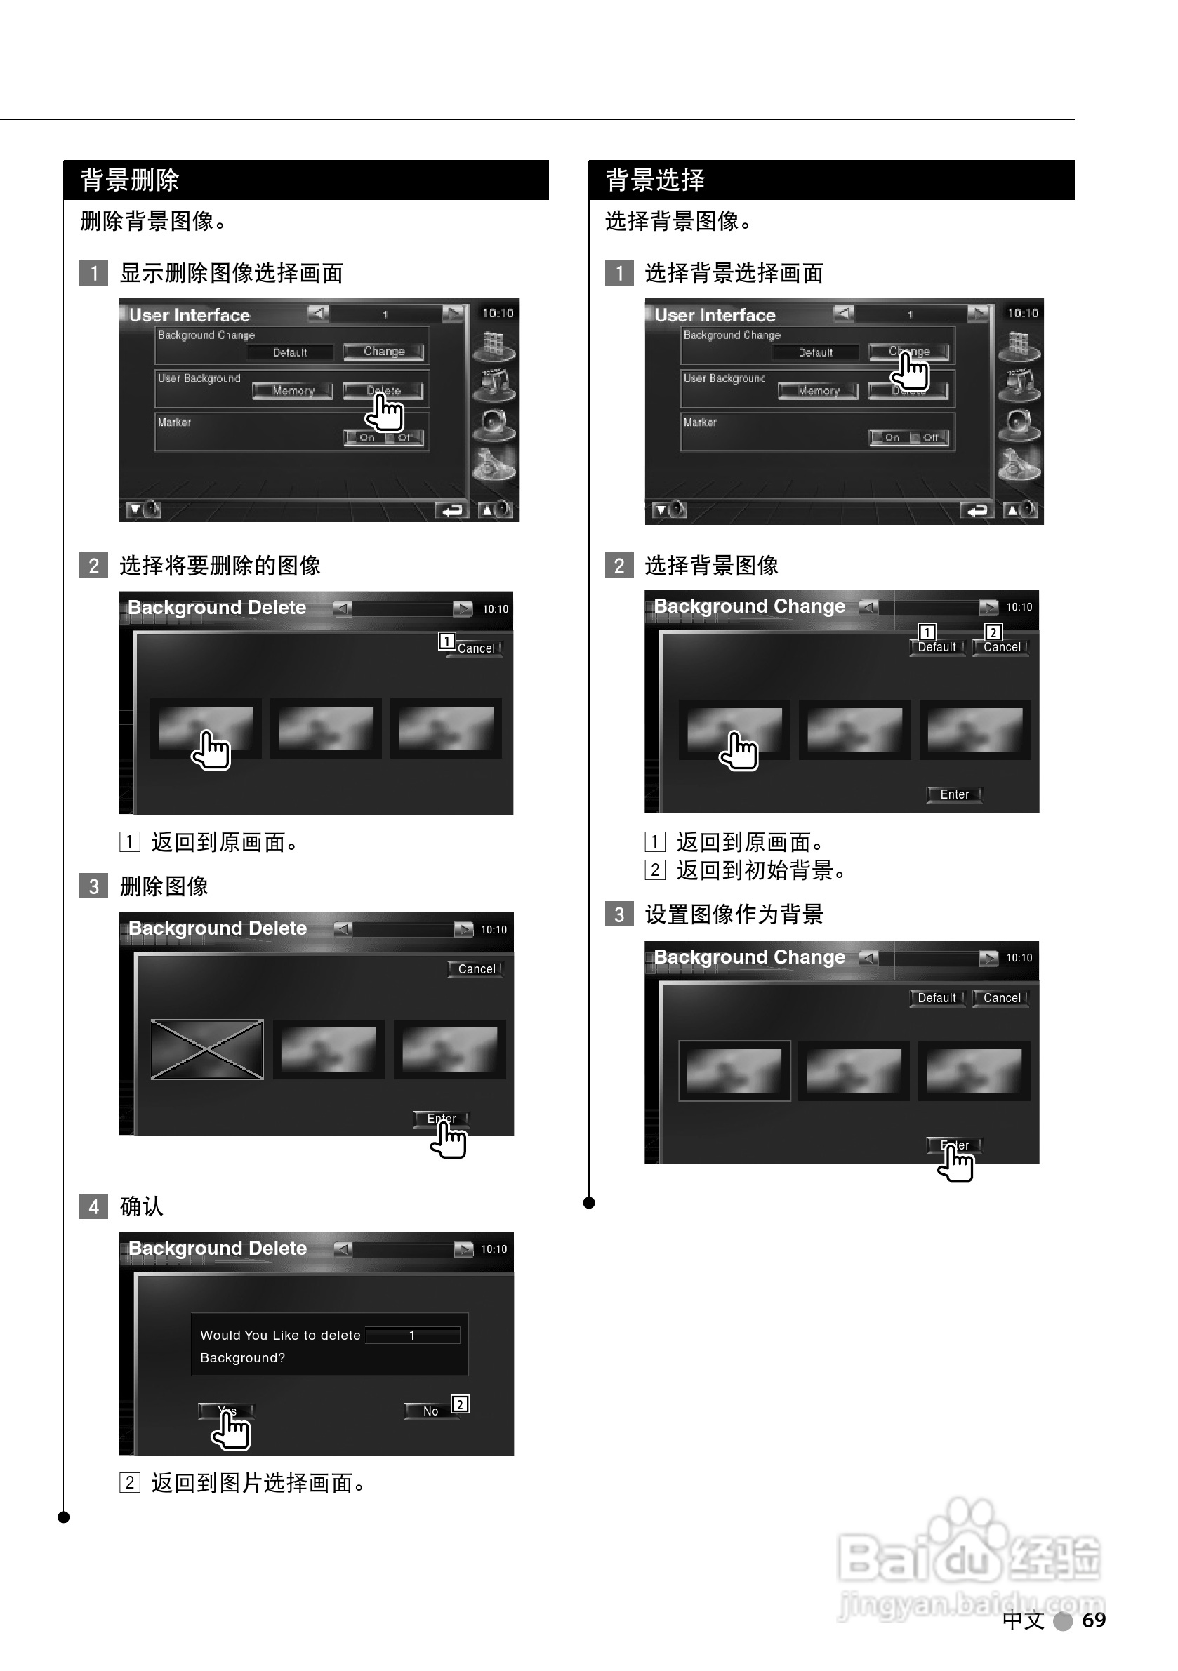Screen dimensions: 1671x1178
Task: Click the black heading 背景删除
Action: [130, 180]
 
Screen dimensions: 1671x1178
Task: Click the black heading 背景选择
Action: [654, 180]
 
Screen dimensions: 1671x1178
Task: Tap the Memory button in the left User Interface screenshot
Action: [293, 391]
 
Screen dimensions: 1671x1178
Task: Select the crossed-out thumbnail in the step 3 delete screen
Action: [207, 1048]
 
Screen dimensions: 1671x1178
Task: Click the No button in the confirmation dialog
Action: [430, 1411]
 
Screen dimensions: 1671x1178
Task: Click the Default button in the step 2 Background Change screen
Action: [937, 647]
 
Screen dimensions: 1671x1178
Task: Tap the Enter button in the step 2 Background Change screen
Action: [954, 794]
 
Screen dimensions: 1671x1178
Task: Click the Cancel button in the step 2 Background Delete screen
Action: [475, 648]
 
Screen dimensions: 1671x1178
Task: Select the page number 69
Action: [1094, 1620]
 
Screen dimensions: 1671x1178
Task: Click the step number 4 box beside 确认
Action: [93, 1206]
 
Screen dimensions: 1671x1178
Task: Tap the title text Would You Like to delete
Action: [280, 1335]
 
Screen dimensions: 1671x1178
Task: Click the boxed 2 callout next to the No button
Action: [460, 1404]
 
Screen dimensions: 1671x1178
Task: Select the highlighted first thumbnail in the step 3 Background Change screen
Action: [734, 1070]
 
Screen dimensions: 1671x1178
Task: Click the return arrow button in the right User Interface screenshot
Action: [977, 510]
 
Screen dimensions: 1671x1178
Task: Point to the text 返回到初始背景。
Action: [761, 870]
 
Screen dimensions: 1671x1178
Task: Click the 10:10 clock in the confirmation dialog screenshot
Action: [494, 1249]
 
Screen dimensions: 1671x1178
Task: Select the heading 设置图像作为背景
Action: [734, 914]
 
